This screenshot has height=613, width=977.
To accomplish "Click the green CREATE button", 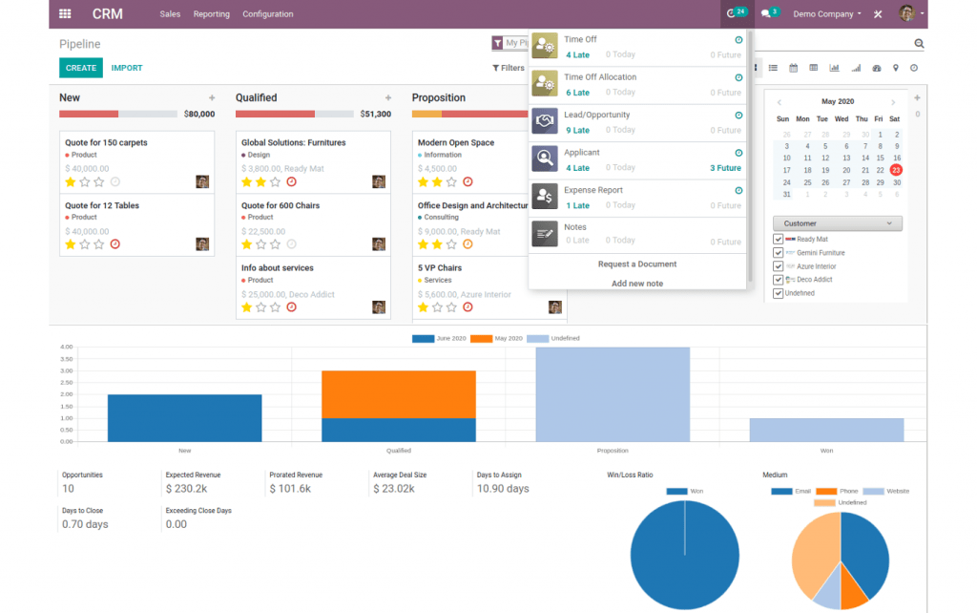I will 80,68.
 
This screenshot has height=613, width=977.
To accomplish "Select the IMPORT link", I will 127,68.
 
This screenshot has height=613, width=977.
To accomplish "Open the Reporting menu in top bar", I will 211,14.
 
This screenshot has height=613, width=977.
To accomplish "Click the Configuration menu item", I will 267,14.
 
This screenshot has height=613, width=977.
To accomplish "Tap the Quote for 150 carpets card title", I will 106,142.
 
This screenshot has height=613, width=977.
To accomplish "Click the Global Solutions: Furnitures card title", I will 293,142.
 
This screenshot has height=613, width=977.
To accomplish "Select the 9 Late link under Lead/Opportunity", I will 577,130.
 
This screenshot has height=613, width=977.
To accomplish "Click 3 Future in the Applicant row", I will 725,168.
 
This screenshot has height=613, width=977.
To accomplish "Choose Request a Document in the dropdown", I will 636,264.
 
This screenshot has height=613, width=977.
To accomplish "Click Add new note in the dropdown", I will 636,284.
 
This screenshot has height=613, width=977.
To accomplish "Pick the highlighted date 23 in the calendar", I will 896,170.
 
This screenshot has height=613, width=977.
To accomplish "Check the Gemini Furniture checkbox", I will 779,253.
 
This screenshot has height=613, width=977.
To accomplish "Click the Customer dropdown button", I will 837,223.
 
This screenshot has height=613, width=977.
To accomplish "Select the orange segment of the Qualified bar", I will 398,393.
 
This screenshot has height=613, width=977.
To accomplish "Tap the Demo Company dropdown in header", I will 826,14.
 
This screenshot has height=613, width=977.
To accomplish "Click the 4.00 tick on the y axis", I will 67,348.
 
